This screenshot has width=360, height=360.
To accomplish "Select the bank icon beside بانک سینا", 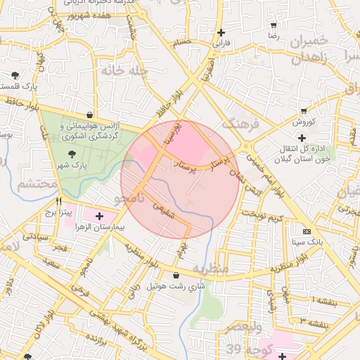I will [x=307, y=231].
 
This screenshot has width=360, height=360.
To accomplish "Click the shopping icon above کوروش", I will [x=304, y=110].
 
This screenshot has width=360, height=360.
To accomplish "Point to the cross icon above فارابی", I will [x=222, y=32].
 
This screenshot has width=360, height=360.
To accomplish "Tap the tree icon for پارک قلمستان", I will [x=15, y=75].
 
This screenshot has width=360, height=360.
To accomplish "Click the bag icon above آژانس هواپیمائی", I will [x=89, y=114].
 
